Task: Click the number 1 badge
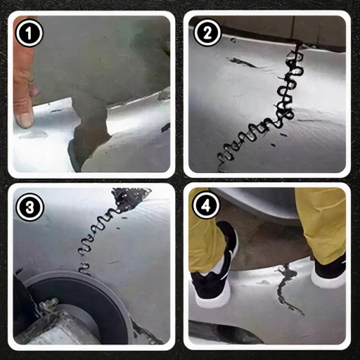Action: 30,33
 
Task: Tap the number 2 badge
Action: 207,33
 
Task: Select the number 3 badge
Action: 30,207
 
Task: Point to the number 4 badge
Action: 206,207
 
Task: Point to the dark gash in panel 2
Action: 243,62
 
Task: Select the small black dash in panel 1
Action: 165,127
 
